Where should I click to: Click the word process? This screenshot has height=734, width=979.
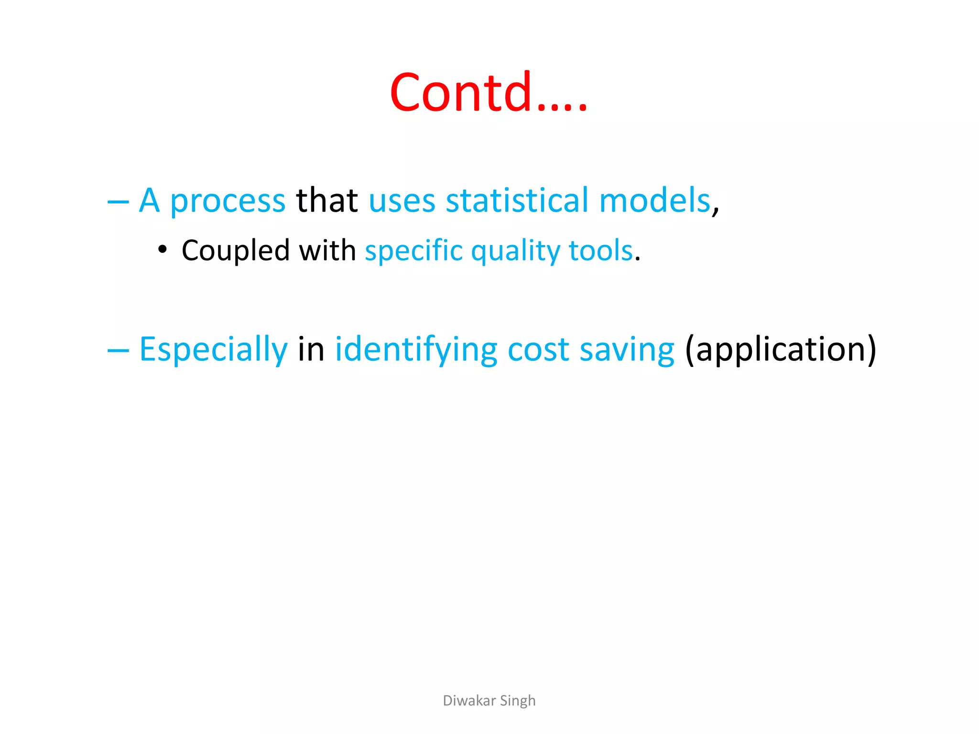coord(228,202)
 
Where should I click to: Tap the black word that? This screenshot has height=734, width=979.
coord(327,201)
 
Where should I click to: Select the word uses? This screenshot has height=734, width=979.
coord(402,202)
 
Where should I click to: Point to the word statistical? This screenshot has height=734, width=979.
coord(517,201)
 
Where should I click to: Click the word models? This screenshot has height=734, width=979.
coord(655,201)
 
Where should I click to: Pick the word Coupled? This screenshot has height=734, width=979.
coord(236,251)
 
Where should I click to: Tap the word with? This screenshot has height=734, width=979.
coord(327,250)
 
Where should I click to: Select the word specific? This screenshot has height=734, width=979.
coord(414,251)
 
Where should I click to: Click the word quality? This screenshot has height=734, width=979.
coord(515,251)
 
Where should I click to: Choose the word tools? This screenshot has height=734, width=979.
coord(601,250)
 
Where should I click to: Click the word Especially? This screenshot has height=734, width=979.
coord(213,350)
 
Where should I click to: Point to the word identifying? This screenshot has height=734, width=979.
coord(416,350)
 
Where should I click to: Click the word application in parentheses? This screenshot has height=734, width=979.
coord(781,350)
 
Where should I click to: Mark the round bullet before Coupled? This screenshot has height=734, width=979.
coord(163,249)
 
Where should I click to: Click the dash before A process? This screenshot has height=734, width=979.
coord(118,203)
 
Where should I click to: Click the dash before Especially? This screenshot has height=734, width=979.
coord(118,351)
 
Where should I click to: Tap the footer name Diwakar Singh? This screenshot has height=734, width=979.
coord(489,701)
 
